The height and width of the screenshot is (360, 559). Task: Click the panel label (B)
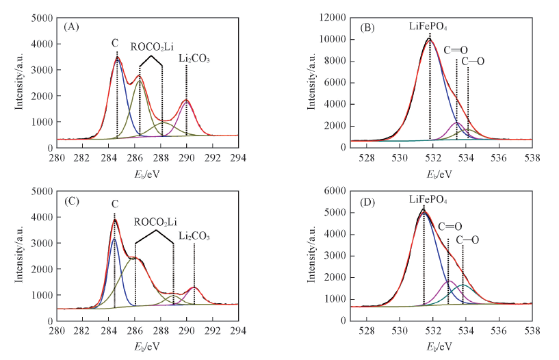click(x=367, y=28)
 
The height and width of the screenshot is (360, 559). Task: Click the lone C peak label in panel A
click(x=115, y=44)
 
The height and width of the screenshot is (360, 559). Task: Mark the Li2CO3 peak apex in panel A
click(x=186, y=100)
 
